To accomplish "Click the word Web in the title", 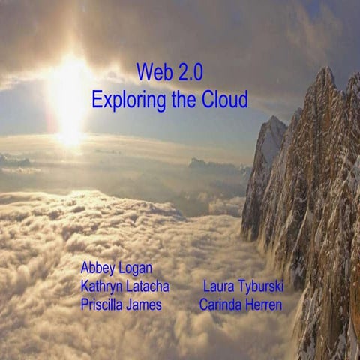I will click(153, 73).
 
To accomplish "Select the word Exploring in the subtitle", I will click(127, 100).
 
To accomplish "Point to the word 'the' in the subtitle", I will click(181, 99).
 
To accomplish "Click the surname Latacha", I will click(148, 286).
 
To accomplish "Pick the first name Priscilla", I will click(104, 304).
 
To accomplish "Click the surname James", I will click(147, 304).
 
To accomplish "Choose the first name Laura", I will click(218, 286).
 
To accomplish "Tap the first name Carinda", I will click(221, 304).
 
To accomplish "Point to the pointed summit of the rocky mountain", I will click(326, 70).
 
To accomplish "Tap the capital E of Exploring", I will click(97, 99).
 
